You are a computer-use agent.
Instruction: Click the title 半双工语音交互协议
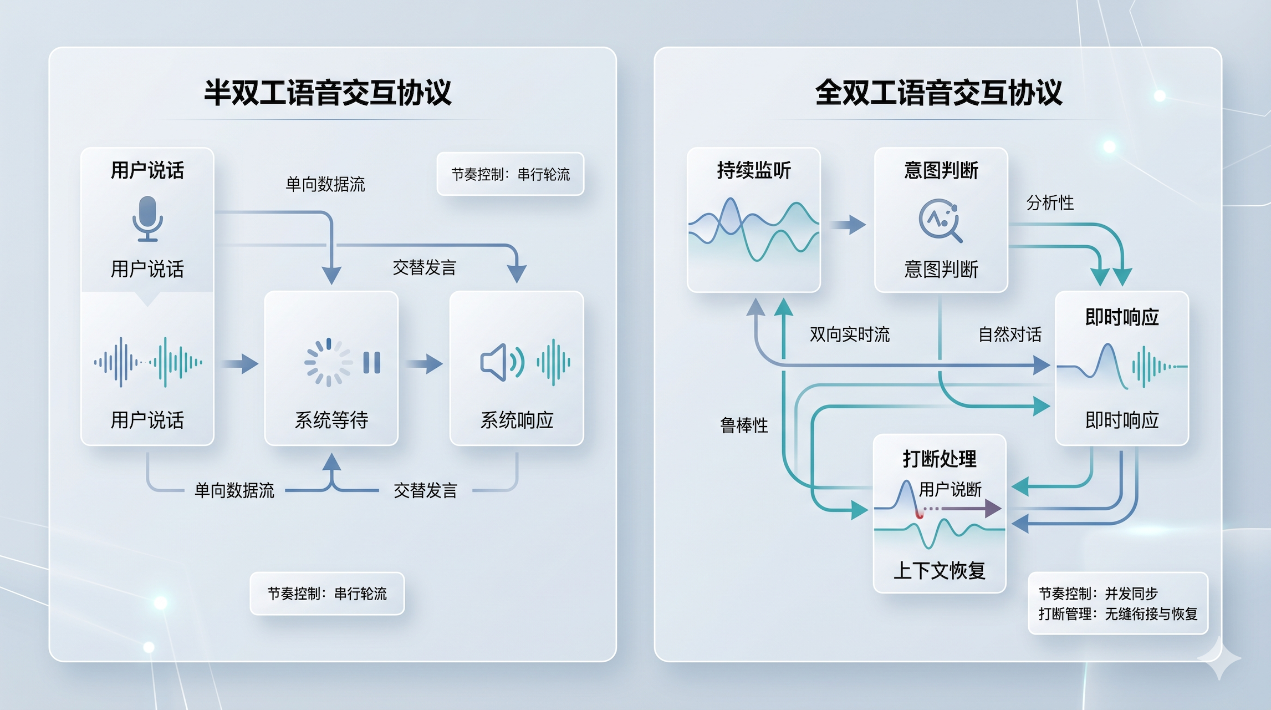coord(328,93)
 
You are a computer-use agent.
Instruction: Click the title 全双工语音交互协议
coord(938,93)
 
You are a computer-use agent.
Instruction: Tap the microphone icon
coord(147,219)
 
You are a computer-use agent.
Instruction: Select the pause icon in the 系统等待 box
coord(372,363)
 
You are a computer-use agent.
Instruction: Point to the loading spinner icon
coord(328,362)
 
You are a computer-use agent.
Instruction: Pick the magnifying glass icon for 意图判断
coord(940,220)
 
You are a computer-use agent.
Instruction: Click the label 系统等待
coord(331,420)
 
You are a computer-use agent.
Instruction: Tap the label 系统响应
coord(517,420)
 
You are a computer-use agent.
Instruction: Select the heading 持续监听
coord(754,170)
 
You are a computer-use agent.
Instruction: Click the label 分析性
coord(1050,202)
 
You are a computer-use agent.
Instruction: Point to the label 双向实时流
coord(849,334)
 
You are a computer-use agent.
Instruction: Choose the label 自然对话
coord(1010,334)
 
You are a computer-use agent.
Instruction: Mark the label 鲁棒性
coord(744,425)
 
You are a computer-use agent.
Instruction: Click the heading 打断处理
coord(940,459)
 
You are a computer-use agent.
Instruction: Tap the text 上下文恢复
coord(940,570)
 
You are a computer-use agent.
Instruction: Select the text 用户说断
coord(950,489)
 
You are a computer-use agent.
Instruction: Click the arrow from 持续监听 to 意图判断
coord(848,225)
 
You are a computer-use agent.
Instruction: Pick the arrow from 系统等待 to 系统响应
coord(424,364)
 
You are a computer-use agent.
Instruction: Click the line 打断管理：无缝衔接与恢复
coord(1118,614)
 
